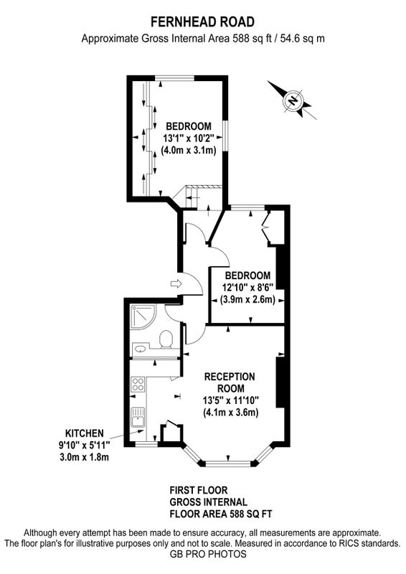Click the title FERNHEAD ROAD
202,22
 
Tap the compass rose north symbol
293,100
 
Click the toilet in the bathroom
166,338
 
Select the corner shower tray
143,317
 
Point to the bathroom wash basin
140,349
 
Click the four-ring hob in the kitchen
138,385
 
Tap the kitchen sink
138,418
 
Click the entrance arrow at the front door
176,283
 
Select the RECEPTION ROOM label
230,382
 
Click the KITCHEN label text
84,433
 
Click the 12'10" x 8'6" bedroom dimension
248,288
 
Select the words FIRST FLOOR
199,490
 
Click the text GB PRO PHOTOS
208,554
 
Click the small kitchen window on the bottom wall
145,444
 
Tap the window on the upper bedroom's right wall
226,136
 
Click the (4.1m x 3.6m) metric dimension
231,413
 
